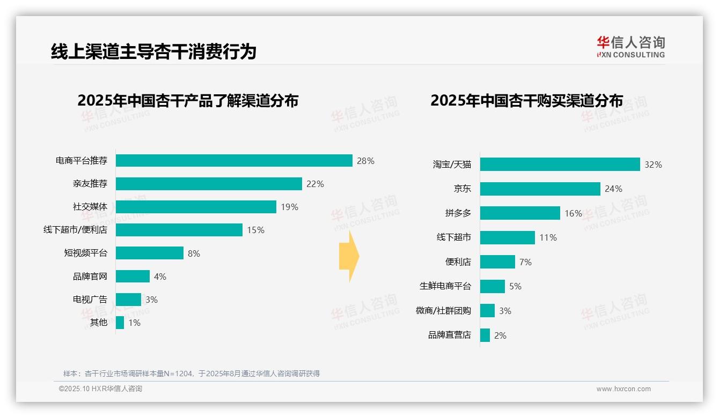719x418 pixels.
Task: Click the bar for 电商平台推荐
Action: (234, 161)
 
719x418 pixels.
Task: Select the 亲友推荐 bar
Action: (209, 184)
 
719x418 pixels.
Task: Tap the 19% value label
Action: (289, 207)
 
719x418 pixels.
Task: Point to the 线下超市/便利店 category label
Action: (75, 230)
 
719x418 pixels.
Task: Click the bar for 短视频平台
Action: (150, 253)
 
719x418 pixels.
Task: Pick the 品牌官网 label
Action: (90, 277)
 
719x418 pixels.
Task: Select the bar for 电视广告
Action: (128, 300)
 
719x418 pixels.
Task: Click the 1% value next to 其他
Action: (134, 323)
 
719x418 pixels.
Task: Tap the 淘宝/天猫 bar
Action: (560, 165)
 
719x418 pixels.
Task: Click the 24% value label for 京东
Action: (613, 189)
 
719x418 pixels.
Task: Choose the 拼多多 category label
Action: (458, 213)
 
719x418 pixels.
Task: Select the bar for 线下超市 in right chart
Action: (507, 237)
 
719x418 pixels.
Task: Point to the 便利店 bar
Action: (497, 262)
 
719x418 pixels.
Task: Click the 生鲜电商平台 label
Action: (445, 286)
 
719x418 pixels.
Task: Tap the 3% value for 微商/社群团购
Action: (505, 311)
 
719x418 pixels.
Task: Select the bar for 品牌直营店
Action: (485, 335)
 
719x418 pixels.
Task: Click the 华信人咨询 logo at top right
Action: (630, 47)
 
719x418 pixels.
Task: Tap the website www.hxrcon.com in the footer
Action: (623, 389)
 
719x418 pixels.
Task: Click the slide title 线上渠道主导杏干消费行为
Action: (153, 51)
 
